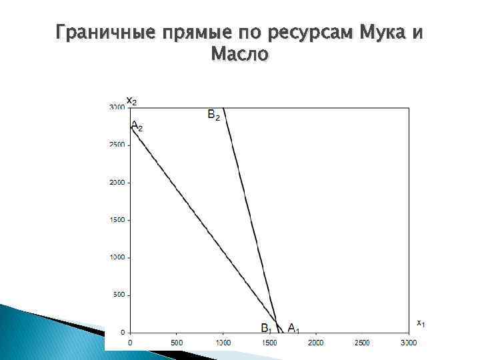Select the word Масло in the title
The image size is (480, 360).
coord(240,54)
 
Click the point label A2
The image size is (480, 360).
coord(136,125)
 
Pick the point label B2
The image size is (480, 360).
coord(214,115)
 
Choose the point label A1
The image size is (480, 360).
coord(293,327)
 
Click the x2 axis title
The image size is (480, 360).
coord(132,101)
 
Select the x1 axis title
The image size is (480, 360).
coord(421,323)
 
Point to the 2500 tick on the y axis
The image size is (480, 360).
coord(117,145)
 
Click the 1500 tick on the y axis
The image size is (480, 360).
coord(117,219)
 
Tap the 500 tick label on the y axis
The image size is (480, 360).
coord(119,295)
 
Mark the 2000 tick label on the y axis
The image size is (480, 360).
coord(117,182)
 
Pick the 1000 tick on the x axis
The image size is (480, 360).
coord(223,343)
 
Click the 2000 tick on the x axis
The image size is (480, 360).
coord(315,343)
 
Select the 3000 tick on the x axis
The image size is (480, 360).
coord(408,343)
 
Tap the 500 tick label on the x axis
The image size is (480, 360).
coord(176,343)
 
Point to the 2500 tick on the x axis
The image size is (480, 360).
coord(362,343)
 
